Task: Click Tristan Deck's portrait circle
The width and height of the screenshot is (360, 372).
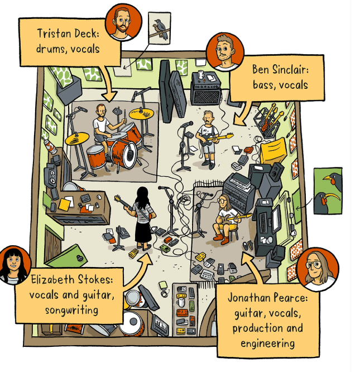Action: pyautogui.click(x=124, y=22)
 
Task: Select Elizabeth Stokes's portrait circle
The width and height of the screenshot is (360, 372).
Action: pyautogui.click(x=13, y=265)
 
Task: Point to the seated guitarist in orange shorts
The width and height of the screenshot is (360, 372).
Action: pyautogui.click(x=224, y=220)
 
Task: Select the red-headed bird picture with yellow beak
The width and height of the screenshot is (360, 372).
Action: pyautogui.click(x=327, y=191)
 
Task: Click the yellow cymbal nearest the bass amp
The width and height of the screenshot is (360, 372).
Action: pyautogui.click(x=141, y=114)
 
